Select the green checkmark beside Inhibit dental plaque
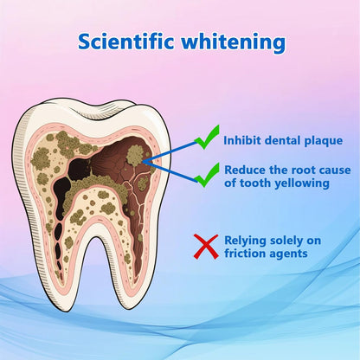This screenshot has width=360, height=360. (206, 137)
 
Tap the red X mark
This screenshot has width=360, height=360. (205, 246)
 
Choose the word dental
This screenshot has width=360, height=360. (282, 140)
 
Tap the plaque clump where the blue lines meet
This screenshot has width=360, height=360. (137, 156)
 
